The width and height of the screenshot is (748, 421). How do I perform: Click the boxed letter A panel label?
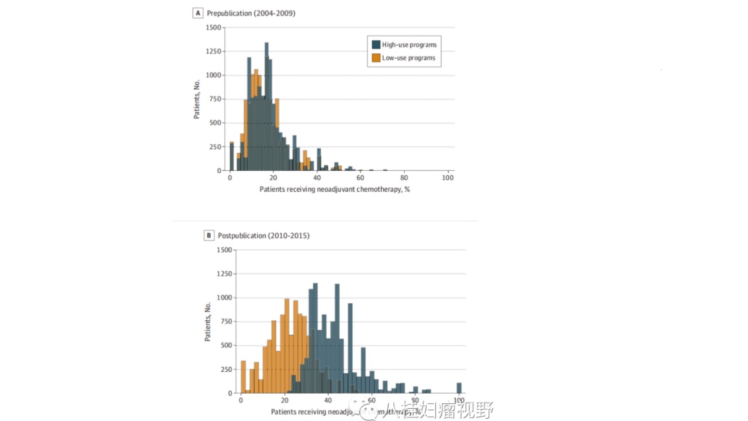(198, 13)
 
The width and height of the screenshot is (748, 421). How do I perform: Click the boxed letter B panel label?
(209, 236)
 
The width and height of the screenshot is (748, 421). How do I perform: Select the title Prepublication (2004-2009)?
(251, 13)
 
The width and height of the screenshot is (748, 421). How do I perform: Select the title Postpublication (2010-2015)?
(264, 236)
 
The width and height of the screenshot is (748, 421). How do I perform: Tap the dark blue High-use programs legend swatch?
(376, 44)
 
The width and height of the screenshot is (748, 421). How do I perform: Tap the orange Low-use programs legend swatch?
(376, 58)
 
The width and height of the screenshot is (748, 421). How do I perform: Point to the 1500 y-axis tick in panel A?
(214, 27)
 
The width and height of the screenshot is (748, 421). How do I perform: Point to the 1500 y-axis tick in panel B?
(224, 250)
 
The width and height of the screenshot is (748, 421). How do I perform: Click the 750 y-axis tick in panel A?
(216, 99)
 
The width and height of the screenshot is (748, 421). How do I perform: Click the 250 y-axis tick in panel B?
(226, 369)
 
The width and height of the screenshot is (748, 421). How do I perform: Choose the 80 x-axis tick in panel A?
(404, 178)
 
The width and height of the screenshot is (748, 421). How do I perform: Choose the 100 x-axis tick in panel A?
(448, 178)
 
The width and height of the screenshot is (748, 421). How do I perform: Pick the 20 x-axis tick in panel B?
(285, 401)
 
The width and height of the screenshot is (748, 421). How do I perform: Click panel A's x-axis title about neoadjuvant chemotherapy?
(334, 189)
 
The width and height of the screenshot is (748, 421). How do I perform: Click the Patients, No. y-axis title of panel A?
(197, 99)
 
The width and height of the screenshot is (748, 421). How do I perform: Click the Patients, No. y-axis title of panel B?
(208, 322)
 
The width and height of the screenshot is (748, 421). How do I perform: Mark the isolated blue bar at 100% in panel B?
(459, 388)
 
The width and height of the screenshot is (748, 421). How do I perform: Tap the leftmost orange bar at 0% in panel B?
(243, 377)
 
